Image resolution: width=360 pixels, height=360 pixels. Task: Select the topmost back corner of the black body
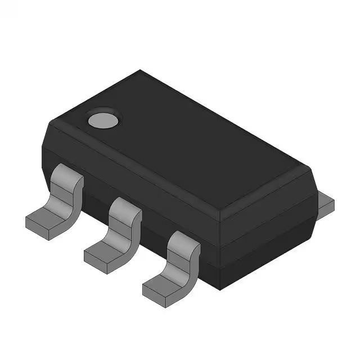click(141, 71)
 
